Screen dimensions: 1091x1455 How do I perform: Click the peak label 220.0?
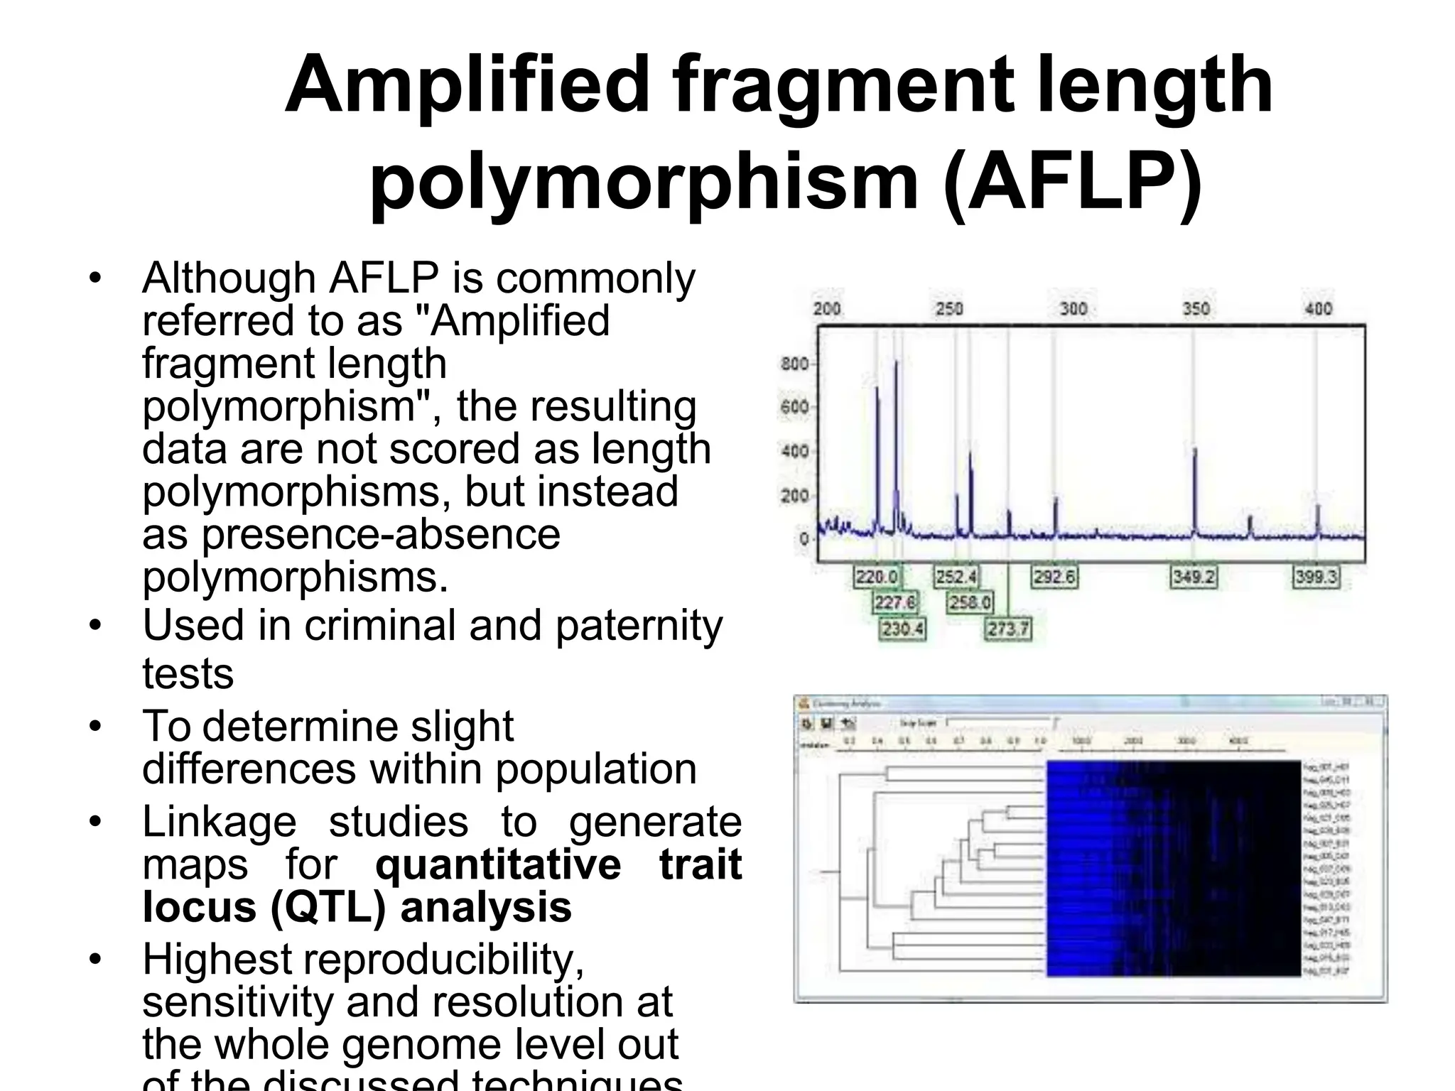pos(876,577)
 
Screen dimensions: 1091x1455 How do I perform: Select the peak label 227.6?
pos(895,603)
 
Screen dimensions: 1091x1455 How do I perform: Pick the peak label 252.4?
pos(956,577)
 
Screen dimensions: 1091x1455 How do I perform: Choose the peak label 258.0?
pos(970,603)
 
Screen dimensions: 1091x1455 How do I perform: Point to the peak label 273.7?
pos(1008,629)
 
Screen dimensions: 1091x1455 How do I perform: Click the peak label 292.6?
pos(1054,577)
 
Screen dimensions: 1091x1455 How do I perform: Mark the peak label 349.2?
pos(1194,577)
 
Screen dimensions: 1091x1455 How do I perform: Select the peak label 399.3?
pos(1316,577)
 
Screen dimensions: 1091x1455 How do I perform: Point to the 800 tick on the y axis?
pos(794,364)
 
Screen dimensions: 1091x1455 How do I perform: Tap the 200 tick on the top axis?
pos(827,308)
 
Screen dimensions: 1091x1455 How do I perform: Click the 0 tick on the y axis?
pos(804,539)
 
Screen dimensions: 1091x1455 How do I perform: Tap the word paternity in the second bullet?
pos(639,626)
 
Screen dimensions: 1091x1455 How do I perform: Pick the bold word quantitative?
pos(498,864)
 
